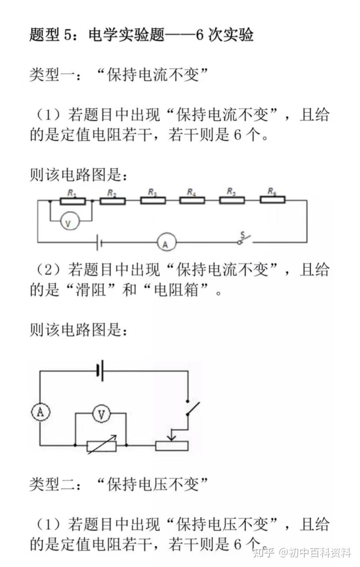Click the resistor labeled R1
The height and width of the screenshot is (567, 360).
coord(73,201)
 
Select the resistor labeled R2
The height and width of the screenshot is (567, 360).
coord(113,201)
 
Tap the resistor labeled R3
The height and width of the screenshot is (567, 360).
coord(153,200)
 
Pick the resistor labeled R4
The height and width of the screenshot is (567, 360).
coord(192,200)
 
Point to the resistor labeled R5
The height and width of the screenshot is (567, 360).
coord(232,200)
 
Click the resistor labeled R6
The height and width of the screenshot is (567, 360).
coord(273,200)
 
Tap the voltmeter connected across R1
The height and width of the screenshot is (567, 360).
coord(70,221)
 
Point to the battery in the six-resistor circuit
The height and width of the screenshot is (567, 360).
coord(99,242)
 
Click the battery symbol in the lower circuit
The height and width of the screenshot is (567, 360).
coord(100,371)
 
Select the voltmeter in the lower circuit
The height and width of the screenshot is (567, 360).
coord(101,414)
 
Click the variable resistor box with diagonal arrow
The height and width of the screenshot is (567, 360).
coord(102,445)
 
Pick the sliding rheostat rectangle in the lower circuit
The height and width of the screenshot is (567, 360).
coord(172,446)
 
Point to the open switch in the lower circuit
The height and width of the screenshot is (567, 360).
coord(193,408)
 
